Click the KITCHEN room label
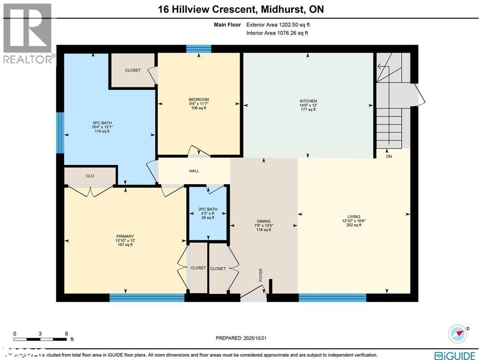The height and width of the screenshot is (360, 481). pos(308,101)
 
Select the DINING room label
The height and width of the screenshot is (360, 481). pos(264,221)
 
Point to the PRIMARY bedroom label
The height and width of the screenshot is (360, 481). pos(125,236)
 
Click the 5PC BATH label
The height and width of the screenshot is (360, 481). pos(101,124)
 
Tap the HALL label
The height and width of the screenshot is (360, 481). pos(194,171)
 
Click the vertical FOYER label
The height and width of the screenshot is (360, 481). pos(261,275)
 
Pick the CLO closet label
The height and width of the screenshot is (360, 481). pos(90,176)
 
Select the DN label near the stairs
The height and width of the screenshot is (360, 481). pos(389,157)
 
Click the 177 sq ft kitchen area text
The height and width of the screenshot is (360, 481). pos(308,110)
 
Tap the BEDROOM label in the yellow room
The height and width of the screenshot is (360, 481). pos(199,100)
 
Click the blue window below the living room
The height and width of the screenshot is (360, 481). pos(332,297)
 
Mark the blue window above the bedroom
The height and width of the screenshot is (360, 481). pos(199,48)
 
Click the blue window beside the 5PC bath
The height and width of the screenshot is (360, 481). pos(60,133)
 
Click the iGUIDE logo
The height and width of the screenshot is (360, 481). pos(454,355)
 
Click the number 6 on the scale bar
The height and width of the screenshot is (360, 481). pos(66,333)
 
